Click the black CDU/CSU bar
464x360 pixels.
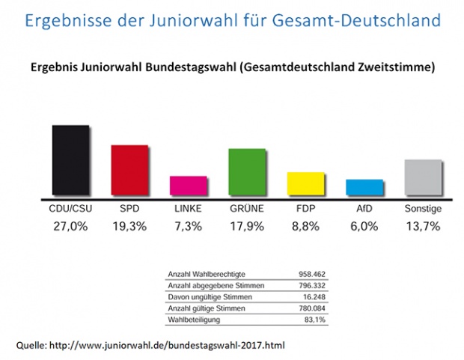(71, 160)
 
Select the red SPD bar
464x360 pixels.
(129, 170)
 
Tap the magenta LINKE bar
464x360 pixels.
(188, 186)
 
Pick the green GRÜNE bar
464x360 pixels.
(247, 171)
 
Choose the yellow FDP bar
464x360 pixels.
(305, 183)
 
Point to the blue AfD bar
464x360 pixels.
(364, 187)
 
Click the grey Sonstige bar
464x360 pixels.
(423, 177)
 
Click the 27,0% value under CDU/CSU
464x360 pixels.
(71, 227)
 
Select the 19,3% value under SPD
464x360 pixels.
(129, 227)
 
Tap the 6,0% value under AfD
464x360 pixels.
(364, 227)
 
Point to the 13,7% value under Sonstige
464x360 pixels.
(423, 227)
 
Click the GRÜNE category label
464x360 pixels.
(247, 209)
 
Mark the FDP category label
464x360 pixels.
(305, 209)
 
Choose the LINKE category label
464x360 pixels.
(188, 209)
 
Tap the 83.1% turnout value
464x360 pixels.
(314, 320)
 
